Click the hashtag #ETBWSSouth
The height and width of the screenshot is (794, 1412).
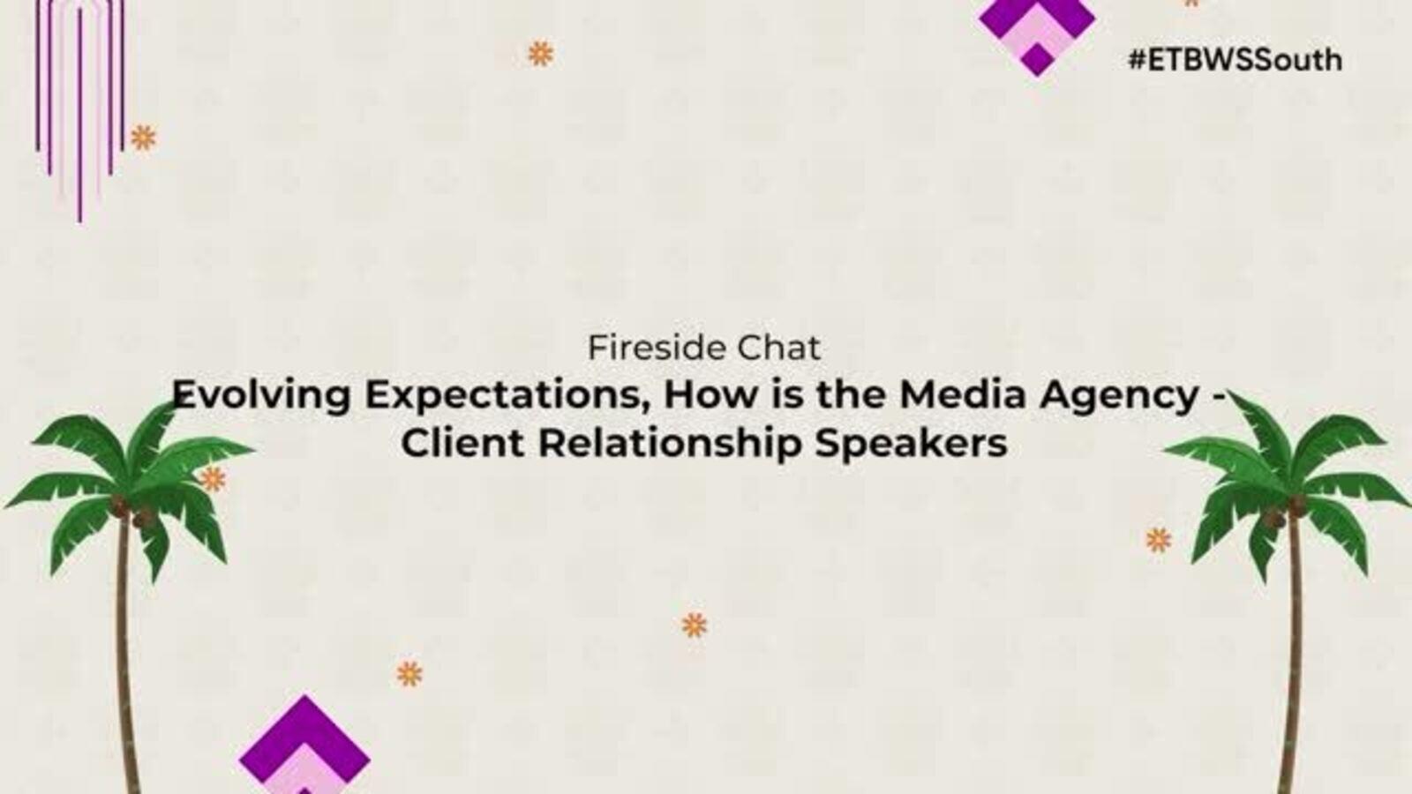coord(1235,61)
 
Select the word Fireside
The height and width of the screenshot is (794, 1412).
coord(657,348)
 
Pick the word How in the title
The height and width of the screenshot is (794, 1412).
coord(707,394)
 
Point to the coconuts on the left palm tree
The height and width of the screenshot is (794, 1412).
coord(133,513)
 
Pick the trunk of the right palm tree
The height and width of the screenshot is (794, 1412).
coord(1294,655)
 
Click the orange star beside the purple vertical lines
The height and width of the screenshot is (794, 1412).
coord(143,138)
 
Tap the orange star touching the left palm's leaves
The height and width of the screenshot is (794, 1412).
coord(213,480)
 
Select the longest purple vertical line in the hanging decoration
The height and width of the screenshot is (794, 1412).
coord(79,115)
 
